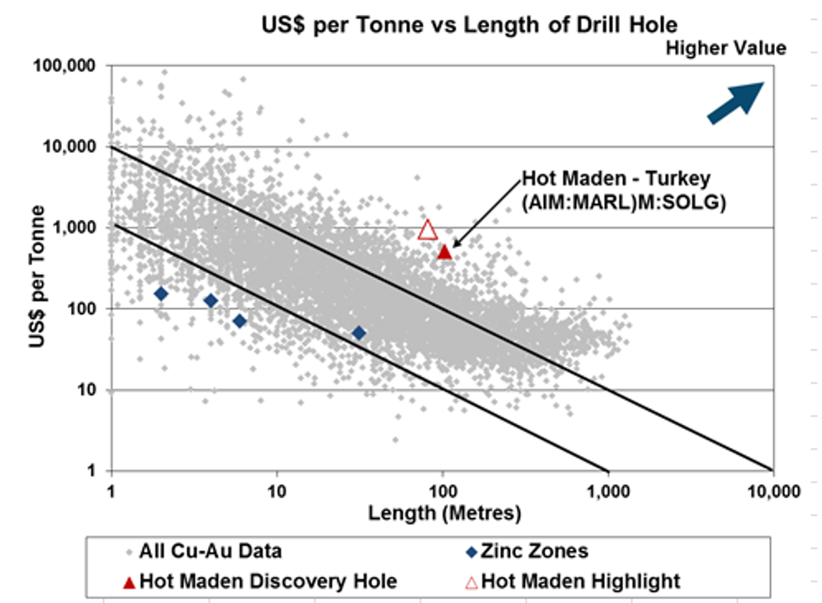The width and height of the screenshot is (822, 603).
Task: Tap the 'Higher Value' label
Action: (x=726, y=49)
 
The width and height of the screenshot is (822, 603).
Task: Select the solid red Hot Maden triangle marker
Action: (x=445, y=251)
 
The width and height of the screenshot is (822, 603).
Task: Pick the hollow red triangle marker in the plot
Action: (x=428, y=229)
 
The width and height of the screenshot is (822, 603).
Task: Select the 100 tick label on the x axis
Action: (x=442, y=491)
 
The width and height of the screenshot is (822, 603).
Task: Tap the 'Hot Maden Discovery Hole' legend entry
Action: (x=259, y=579)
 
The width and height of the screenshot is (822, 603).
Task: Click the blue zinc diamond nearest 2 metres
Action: (x=161, y=294)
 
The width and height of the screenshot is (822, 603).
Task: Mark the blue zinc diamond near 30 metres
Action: (x=359, y=333)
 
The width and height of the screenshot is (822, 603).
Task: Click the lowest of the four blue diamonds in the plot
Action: (x=359, y=333)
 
